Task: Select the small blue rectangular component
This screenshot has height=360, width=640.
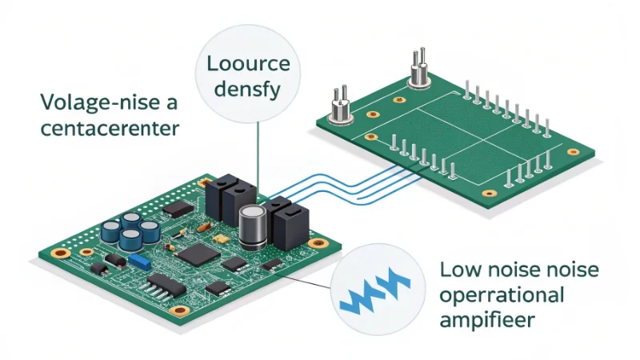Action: click(x=142, y=261)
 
